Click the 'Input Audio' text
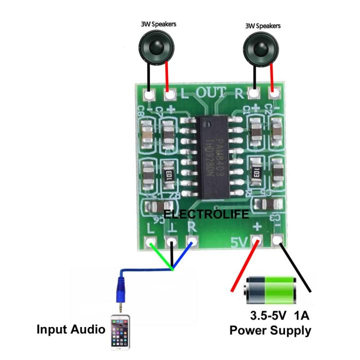point(71,330)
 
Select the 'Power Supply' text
point(270,330)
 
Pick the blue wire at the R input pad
point(183,256)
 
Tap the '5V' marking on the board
point(239,243)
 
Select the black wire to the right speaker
point(254,78)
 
